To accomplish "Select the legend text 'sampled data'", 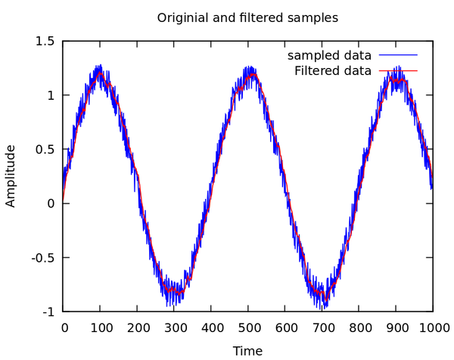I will tap(329, 56).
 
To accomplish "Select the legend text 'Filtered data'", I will tap(332, 71).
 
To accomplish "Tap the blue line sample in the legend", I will tap(398, 56).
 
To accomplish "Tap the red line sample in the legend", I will tap(398, 71).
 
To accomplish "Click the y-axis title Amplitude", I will tap(11, 175).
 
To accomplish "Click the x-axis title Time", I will tap(247, 351).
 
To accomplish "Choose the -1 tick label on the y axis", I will tap(50, 312).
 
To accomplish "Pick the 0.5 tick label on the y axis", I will tap(46, 150).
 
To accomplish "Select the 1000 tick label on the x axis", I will tap(433, 327).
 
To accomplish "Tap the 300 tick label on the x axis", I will tap(174, 327).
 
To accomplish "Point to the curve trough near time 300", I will tap(174, 290).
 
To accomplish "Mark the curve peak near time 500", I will tap(250, 74).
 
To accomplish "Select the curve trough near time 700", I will tap(322, 292).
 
